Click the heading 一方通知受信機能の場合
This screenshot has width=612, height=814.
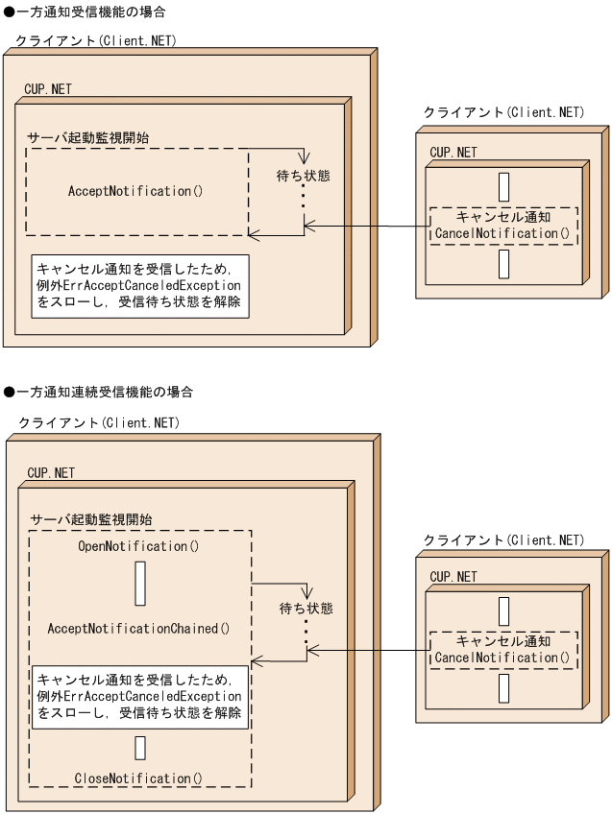click(x=88, y=12)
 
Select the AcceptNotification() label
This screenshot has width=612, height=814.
click(x=135, y=191)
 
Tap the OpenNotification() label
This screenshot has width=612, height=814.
click(x=138, y=546)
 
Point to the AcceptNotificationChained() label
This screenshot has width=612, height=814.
click(x=139, y=629)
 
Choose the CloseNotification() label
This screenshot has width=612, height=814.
click(x=139, y=778)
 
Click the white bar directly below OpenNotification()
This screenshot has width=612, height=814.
click(x=140, y=584)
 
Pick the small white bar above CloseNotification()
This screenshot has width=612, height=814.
click(x=140, y=748)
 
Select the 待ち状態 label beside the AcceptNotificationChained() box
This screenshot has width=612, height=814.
click(x=306, y=609)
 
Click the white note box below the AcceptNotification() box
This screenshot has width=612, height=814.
click(x=138, y=285)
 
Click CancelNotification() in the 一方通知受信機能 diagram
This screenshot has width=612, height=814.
click(x=502, y=233)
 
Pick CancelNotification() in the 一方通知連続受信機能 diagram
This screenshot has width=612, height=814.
click(x=502, y=658)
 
